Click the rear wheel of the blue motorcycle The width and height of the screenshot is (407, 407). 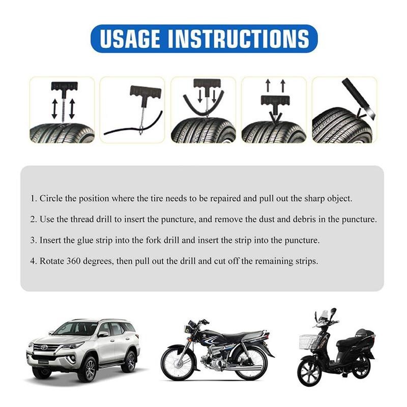pyautogui.click(x=250, y=363)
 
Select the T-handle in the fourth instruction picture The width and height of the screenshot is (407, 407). pyautogui.click(x=274, y=101)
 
